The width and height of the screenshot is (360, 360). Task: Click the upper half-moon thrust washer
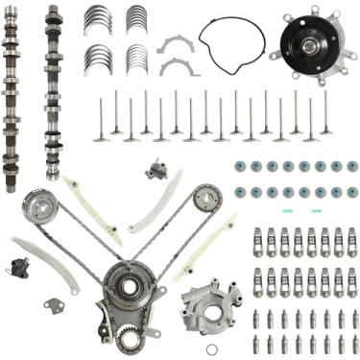[176, 44]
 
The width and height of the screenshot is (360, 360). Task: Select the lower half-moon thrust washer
[176, 66]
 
